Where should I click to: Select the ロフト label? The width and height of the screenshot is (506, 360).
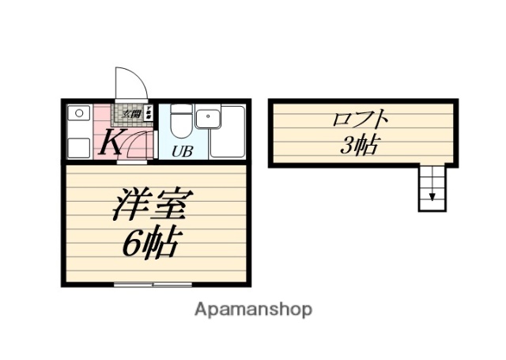click(361, 121)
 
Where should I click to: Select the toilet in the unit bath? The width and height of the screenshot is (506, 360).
click(181, 123)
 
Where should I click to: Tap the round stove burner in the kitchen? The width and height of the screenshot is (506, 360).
click(77, 114)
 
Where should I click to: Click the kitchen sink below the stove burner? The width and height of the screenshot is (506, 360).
click(77, 145)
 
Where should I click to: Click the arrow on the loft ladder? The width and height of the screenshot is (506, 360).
click(432, 195)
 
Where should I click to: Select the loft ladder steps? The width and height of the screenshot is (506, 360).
click(432, 188)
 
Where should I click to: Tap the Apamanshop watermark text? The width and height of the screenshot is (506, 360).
click(253, 309)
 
